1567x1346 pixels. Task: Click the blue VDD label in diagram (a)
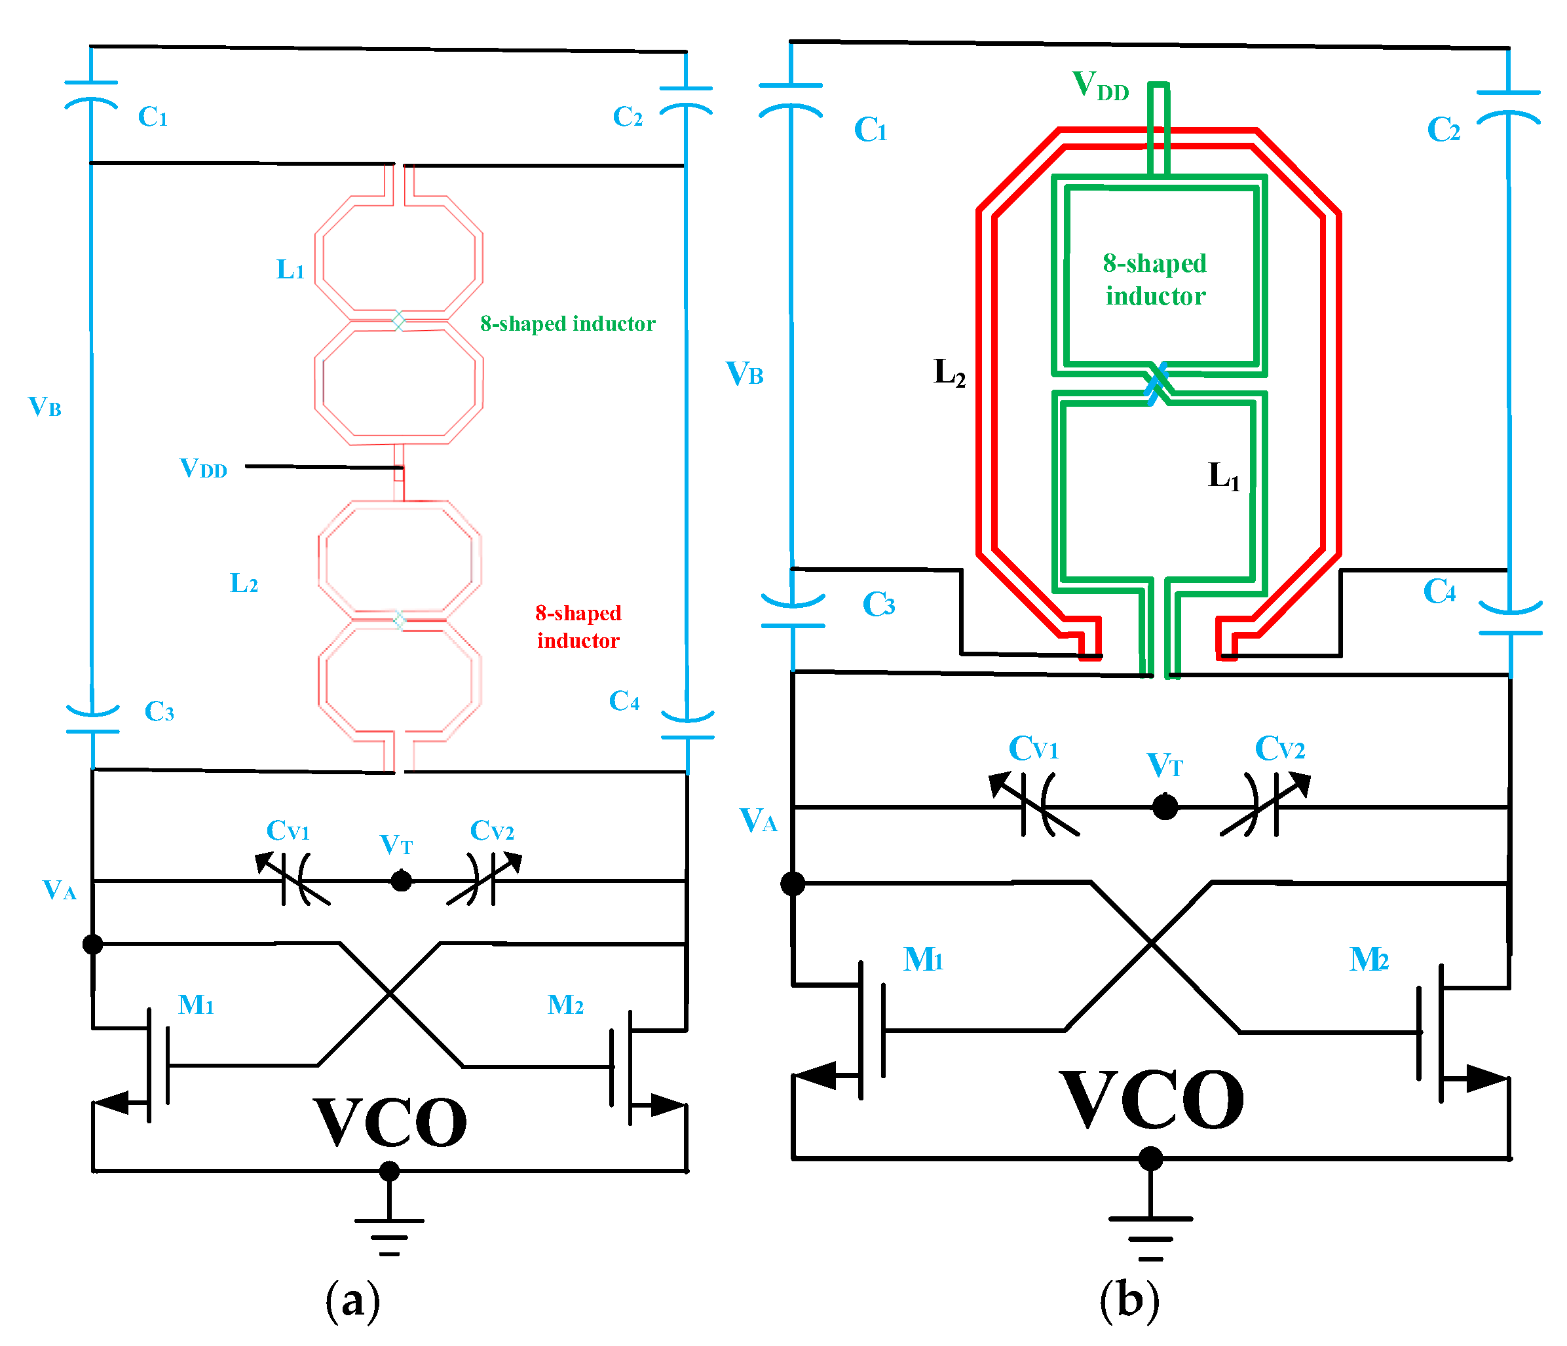(x=202, y=469)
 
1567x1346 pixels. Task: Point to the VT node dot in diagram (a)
(x=401, y=881)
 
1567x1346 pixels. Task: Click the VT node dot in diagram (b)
(x=1165, y=807)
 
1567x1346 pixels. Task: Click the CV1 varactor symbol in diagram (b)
(x=1036, y=806)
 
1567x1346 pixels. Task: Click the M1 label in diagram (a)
(x=196, y=1005)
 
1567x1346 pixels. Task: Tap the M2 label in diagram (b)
(x=1369, y=959)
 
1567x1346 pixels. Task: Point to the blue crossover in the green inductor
(x=1156, y=384)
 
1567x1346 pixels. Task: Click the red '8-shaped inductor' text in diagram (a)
(x=578, y=627)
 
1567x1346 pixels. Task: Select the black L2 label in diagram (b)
(x=949, y=372)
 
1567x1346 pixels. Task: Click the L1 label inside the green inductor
(x=1224, y=476)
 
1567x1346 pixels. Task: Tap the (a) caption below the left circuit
(x=352, y=1301)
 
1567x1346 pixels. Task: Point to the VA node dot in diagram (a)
(x=92, y=944)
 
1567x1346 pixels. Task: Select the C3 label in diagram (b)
(x=878, y=604)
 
